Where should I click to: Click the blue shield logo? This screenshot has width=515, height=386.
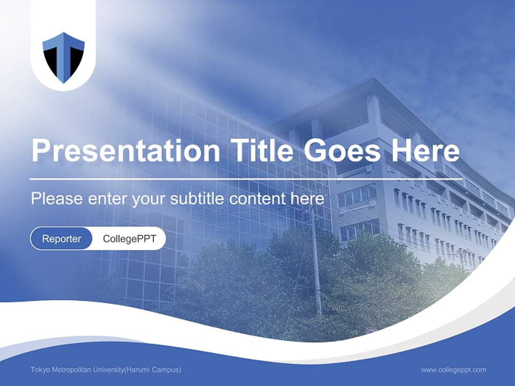point(63,57)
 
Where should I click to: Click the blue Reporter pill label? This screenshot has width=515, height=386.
point(61,239)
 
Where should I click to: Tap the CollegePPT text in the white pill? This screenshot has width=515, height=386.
point(129,239)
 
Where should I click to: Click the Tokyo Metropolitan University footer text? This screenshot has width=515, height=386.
point(106,370)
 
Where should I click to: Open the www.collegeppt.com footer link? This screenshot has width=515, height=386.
point(453,370)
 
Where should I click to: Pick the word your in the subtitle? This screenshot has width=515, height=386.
point(149,199)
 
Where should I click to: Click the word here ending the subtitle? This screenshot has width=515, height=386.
point(307,198)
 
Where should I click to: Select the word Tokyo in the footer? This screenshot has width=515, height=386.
point(39,370)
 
